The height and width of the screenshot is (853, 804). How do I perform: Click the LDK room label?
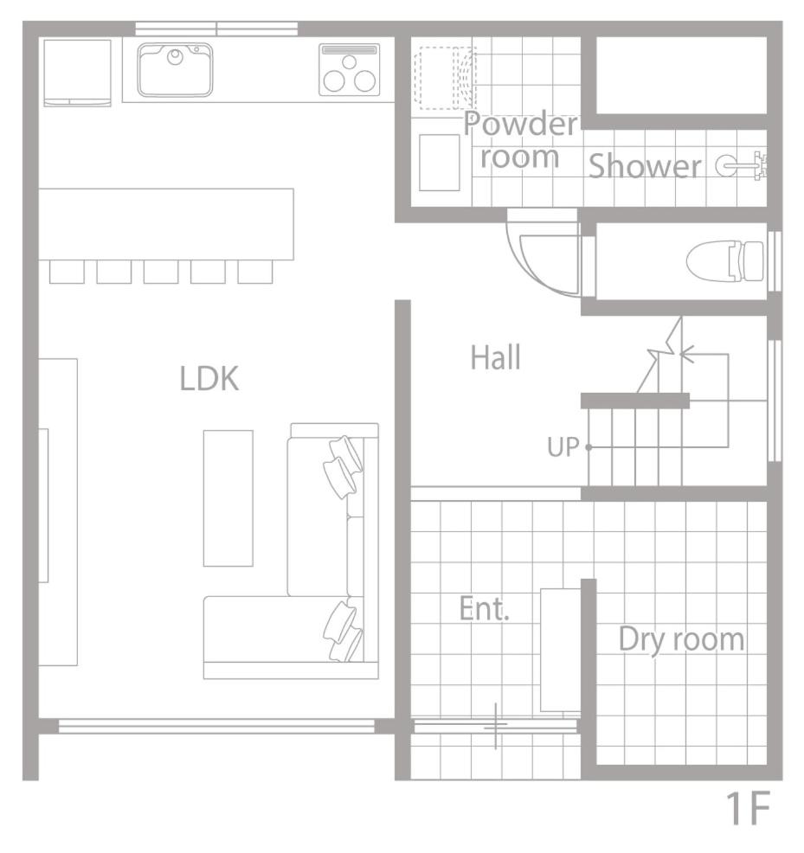click(x=209, y=379)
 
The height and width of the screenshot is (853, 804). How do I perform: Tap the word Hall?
click(x=495, y=357)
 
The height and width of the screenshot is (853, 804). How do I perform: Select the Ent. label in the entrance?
click(x=484, y=608)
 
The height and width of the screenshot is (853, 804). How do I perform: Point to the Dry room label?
click(x=681, y=640)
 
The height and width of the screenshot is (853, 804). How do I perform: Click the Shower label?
click(x=645, y=166)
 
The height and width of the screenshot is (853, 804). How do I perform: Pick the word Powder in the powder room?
click(x=520, y=124)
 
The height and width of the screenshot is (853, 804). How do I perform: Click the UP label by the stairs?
click(x=563, y=447)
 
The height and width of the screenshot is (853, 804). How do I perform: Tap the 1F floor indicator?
click(x=749, y=809)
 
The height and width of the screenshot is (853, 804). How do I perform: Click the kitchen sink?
click(x=175, y=70)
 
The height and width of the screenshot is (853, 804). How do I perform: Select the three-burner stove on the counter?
click(x=350, y=69)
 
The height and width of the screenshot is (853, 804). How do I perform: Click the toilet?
click(x=724, y=261)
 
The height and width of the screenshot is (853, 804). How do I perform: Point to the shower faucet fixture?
click(x=742, y=164)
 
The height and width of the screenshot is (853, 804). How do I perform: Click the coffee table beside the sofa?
click(x=228, y=498)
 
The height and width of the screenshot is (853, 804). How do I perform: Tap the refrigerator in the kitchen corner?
click(x=77, y=73)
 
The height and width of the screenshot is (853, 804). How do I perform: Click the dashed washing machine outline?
click(x=446, y=79)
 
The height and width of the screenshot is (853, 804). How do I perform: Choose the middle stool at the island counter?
click(x=161, y=272)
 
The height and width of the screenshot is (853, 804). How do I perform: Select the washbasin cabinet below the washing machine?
click(x=440, y=163)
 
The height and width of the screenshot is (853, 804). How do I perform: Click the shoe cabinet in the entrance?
click(x=561, y=650)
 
